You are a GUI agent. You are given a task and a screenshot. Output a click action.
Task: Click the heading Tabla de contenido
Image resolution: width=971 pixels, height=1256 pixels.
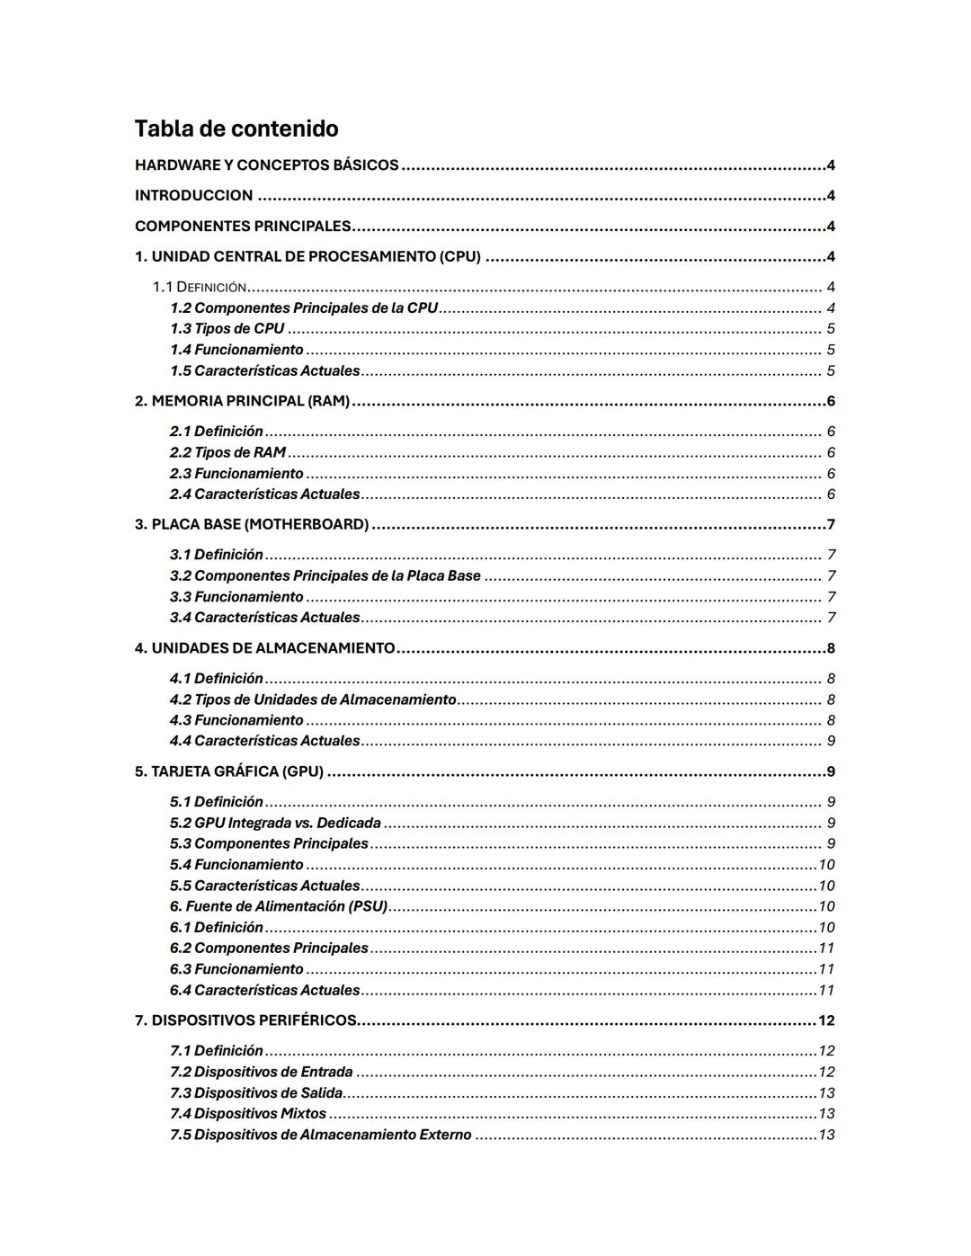point(236,129)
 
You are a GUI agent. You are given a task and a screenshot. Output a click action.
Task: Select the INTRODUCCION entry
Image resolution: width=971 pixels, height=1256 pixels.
point(193,196)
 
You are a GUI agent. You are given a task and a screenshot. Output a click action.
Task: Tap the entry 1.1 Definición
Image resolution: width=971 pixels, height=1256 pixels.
point(199,288)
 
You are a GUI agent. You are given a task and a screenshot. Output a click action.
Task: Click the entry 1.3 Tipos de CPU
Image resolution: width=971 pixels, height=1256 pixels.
point(227,329)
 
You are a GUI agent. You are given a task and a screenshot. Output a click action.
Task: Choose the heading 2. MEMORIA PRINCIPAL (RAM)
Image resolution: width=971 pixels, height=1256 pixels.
point(242,401)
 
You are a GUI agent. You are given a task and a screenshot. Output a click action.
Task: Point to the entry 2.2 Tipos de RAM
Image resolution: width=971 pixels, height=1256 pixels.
point(227,452)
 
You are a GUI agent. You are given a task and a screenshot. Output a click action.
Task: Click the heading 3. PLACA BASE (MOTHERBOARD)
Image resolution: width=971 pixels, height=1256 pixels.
point(252,524)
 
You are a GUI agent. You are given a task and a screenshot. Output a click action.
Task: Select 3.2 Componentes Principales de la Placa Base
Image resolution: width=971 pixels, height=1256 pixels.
point(325,575)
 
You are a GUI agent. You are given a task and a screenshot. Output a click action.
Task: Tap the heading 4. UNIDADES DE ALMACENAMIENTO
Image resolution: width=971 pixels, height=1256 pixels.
point(264,648)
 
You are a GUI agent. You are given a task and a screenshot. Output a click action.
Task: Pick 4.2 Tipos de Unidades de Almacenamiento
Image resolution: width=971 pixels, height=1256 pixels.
point(313,699)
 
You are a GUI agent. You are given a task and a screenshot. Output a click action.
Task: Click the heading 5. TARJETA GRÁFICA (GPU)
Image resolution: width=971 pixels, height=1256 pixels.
point(229,771)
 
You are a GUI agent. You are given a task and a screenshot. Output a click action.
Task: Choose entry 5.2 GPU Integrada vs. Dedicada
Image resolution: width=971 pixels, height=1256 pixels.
point(275,823)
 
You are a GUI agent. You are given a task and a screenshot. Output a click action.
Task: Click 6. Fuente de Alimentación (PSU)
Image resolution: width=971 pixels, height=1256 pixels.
point(278,906)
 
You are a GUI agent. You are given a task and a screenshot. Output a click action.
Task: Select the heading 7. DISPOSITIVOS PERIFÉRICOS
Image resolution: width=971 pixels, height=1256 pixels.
point(245,1020)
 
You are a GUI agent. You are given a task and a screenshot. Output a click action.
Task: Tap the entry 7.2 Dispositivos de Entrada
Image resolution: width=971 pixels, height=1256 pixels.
point(261,1072)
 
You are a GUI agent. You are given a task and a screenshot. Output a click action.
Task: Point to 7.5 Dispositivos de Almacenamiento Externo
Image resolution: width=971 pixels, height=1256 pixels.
point(320,1135)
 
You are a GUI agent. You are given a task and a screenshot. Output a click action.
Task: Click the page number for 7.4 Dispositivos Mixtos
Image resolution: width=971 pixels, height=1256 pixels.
point(826,1114)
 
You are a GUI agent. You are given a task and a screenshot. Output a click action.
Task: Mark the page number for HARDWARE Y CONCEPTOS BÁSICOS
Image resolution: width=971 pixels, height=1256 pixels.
point(831,165)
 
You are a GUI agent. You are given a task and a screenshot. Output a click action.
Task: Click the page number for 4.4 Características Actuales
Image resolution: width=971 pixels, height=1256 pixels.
point(831,741)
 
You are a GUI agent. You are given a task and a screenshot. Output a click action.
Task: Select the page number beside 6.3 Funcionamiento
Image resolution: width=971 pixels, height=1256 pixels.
point(826,969)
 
